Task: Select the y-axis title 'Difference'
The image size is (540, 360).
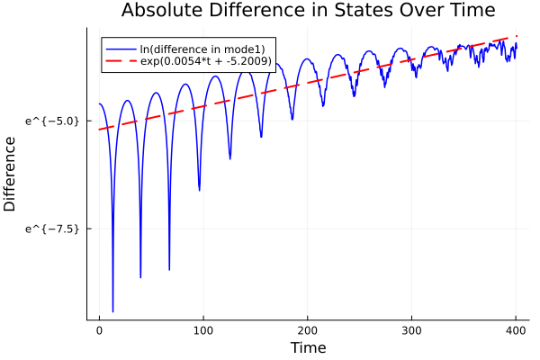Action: (11, 174)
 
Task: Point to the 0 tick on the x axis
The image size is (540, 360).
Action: (99, 330)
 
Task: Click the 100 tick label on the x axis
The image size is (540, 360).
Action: (203, 330)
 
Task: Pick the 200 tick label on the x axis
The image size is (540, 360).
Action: (308, 330)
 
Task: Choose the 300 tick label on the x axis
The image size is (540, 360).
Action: (411, 330)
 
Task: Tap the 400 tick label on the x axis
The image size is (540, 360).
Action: (516, 330)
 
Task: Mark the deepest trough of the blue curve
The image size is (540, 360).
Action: (112, 311)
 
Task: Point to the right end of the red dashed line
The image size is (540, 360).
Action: (517, 36)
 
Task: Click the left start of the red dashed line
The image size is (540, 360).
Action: (99, 130)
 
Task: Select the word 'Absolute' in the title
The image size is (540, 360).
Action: (158, 12)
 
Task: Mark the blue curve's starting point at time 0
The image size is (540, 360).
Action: (99, 104)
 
